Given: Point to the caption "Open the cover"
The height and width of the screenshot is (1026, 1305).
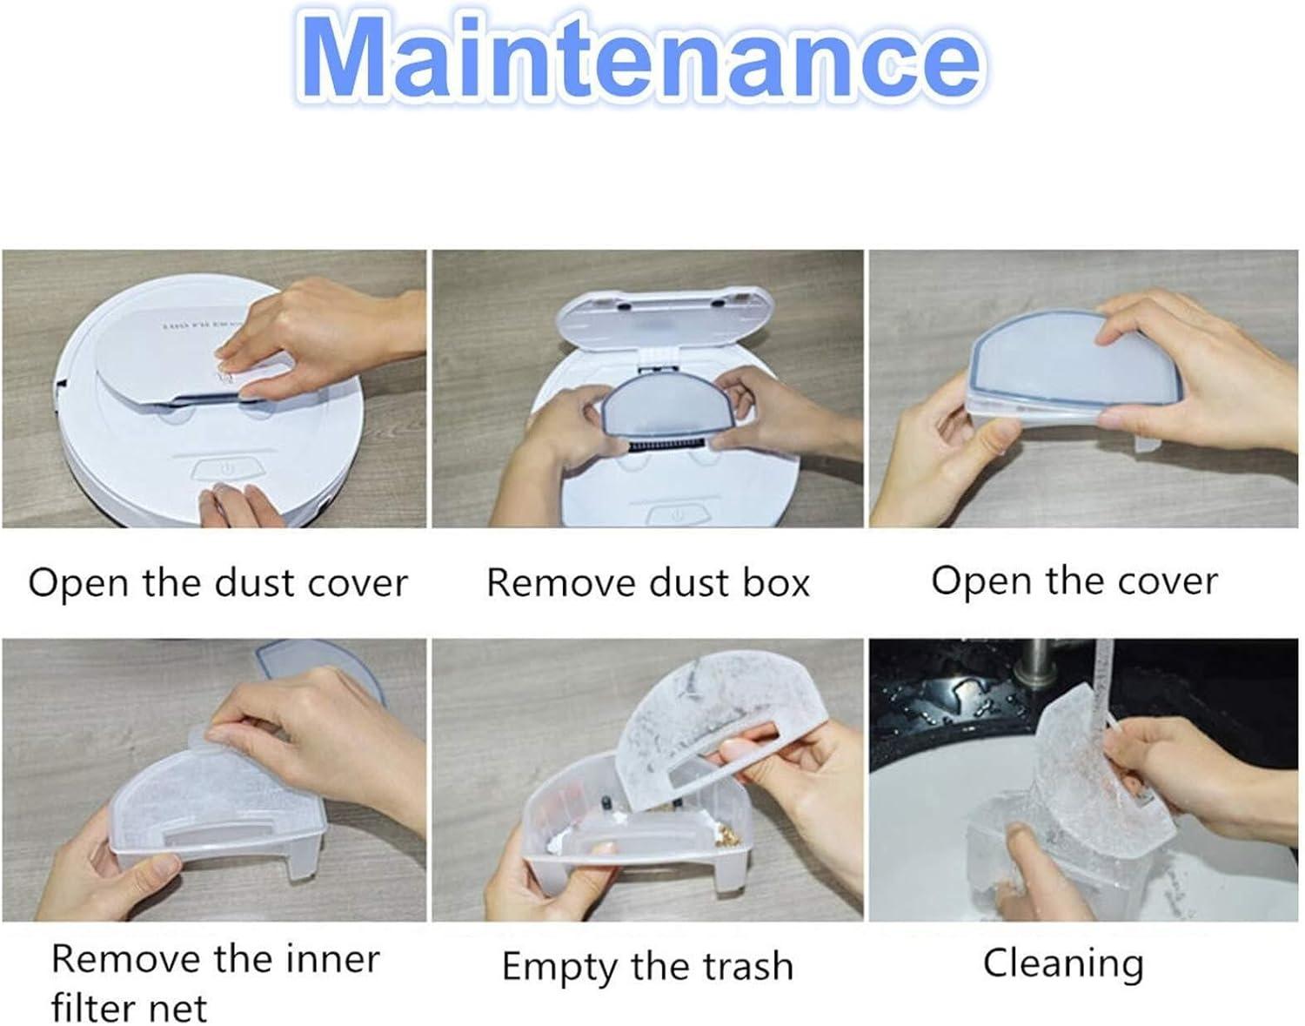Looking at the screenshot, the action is [1074, 581].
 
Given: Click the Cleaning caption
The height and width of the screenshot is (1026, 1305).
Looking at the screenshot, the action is [1064, 964].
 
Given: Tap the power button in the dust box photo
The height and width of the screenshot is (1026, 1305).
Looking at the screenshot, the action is [676, 515].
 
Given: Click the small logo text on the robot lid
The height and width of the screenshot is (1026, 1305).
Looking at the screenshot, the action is [198, 326].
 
